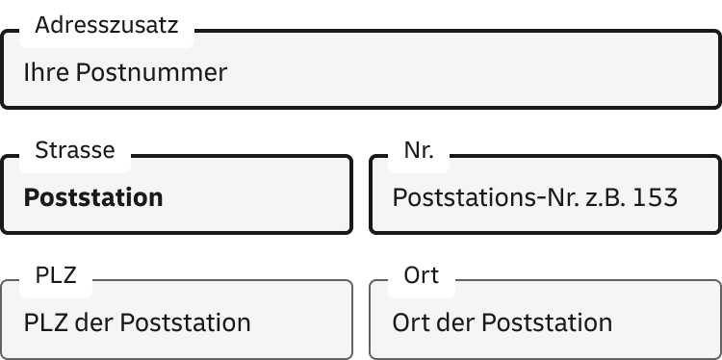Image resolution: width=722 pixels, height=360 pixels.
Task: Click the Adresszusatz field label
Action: coord(106,26)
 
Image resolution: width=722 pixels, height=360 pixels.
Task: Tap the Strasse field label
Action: coord(74,150)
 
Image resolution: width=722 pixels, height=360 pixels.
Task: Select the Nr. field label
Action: coord(419,150)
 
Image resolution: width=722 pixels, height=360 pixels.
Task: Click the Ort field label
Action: coord(421,275)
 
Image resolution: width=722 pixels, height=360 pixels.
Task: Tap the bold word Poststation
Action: coord(93,197)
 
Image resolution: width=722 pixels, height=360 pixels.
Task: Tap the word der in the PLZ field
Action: coord(92,321)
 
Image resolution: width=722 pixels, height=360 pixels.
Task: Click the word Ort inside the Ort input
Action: coord(412,321)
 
